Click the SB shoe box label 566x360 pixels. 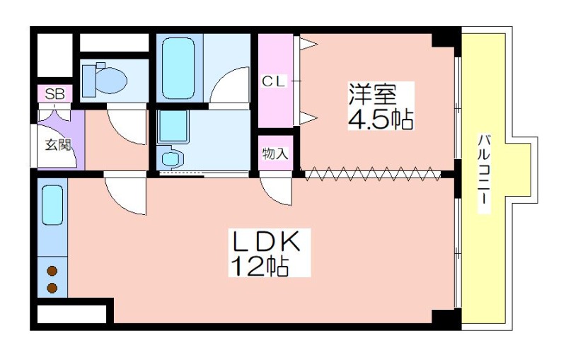tap(55, 94)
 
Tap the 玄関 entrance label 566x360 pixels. tap(57, 145)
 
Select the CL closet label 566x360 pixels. tap(274, 81)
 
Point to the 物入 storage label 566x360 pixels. tap(275, 153)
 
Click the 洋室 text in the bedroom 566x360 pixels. tap(372, 94)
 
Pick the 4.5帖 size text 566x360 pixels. tap(381, 118)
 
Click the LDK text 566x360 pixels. tap(267, 240)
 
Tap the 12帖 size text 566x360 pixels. tap(260, 266)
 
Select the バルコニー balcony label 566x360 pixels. tap(484, 173)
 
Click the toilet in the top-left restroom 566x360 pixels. tap(104, 80)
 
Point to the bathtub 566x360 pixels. tap(178, 68)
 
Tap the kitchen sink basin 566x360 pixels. tap(52, 205)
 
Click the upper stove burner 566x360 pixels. tap(52, 271)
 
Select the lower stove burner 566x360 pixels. tap(52, 288)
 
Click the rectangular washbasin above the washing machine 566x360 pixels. tap(173, 127)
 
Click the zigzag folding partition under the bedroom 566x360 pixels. tap(372, 173)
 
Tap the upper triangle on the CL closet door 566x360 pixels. tap(309, 44)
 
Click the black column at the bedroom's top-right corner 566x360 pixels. tap(446, 40)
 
